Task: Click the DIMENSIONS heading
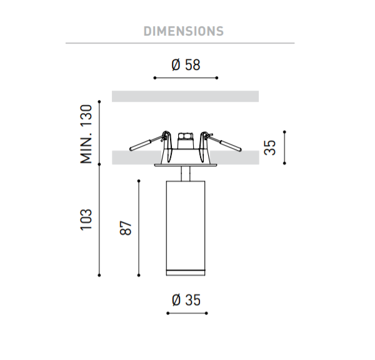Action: click(183, 31)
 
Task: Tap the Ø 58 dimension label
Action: click(186, 64)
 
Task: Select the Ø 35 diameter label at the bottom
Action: click(186, 300)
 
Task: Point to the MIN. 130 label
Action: click(86, 134)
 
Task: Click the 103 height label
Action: click(86, 219)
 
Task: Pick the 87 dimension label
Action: click(126, 228)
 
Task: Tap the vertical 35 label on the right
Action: click(270, 147)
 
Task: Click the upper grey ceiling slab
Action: click(186, 96)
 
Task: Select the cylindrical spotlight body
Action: click(186, 228)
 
